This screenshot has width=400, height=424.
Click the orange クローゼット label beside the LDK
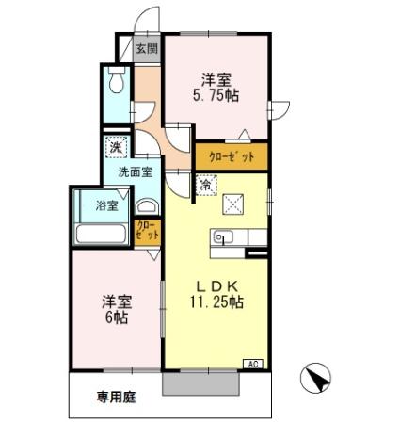coord(231,156)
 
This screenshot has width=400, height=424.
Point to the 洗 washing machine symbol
coord(115,147)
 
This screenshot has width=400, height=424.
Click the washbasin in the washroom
coord(149,206)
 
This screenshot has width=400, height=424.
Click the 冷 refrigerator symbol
coord(204,186)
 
